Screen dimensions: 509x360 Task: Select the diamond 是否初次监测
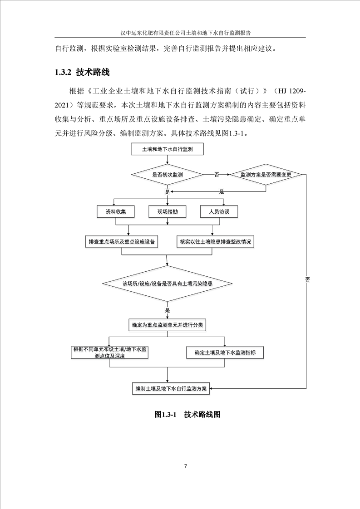168,174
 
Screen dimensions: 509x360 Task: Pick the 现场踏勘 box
168,212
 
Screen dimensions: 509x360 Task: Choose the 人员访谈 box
220,212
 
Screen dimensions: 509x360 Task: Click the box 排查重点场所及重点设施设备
122,241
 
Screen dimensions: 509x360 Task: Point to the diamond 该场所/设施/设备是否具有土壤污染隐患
168,284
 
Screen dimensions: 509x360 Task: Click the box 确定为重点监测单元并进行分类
168,325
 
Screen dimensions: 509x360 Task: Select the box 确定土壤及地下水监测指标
225,352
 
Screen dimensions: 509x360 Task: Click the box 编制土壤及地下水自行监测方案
170,389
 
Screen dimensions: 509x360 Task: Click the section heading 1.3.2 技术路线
82,72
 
